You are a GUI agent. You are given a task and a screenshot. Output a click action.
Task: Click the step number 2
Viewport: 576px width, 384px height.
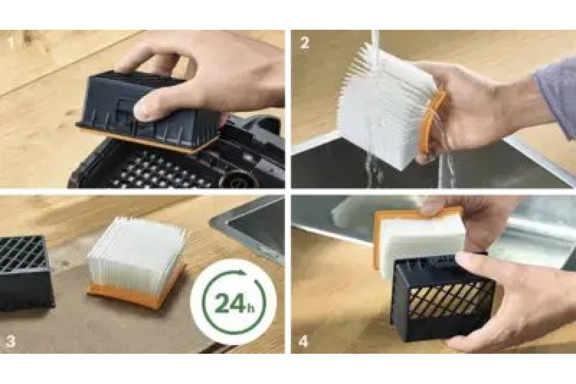[304, 43]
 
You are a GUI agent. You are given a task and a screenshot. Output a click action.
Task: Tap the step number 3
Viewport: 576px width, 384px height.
[11, 341]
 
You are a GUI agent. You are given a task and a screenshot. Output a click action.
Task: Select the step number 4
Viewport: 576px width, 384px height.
[303, 341]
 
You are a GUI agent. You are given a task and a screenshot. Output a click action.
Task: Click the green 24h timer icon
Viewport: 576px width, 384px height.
[233, 301]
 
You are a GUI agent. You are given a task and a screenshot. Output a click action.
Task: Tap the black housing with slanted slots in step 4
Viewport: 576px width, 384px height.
[442, 299]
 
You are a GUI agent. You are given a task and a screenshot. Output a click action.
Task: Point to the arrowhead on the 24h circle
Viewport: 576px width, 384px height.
[242, 273]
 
